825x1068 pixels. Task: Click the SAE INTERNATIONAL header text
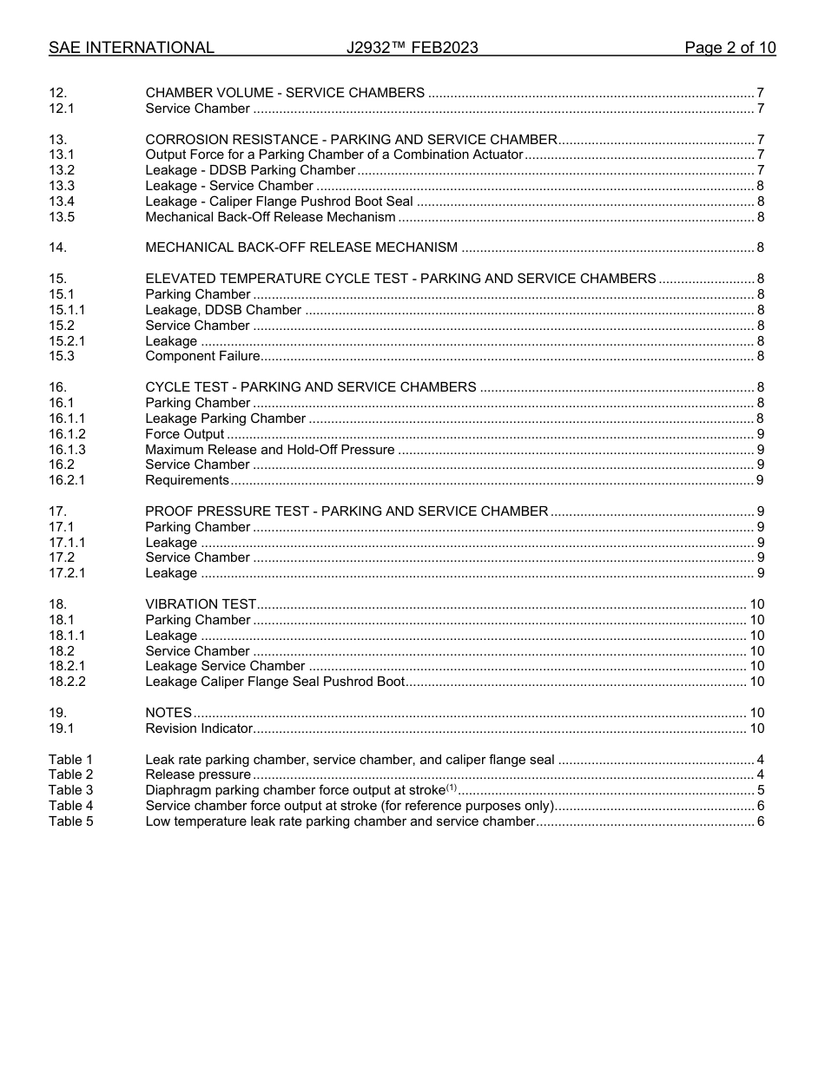pyautogui.click(x=131, y=48)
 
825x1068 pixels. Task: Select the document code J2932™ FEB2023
pyautogui.click(x=412, y=48)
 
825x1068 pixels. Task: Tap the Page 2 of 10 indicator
pyautogui.click(x=729, y=48)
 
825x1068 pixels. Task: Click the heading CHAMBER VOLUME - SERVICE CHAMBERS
pyautogui.click(x=285, y=93)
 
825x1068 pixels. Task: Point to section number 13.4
pyautogui.click(x=62, y=201)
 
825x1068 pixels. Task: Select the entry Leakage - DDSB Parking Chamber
pyautogui.click(x=250, y=170)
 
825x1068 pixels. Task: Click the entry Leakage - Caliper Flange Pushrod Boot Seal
pyautogui.click(x=279, y=201)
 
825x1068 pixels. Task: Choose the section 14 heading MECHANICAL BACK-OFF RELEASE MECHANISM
pyautogui.click(x=301, y=247)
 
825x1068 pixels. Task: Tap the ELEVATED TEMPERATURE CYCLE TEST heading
pyautogui.click(x=400, y=279)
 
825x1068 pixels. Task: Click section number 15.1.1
pyautogui.click(x=67, y=310)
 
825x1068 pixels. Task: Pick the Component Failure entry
pyautogui.click(x=202, y=356)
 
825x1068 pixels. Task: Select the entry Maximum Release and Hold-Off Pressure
pyautogui.click(x=269, y=450)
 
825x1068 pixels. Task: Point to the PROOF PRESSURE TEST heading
pyautogui.click(x=346, y=511)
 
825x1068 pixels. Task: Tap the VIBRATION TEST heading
pyautogui.click(x=201, y=604)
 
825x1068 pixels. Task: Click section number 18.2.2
pyautogui.click(x=67, y=682)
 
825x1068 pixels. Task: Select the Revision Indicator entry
pyautogui.click(x=199, y=728)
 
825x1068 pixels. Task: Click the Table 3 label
pyautogui.click(x=70, y=790)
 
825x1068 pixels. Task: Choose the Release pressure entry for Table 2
pyautogui.click(x=198, y=775)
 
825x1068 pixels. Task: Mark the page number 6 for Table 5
pyautogui.click(x=760, y=821)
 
